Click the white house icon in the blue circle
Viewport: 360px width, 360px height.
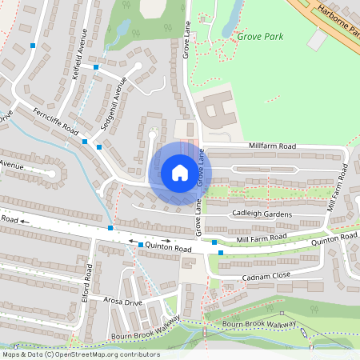(x=180, y=173)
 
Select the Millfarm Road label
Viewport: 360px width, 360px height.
(x=272, y=146)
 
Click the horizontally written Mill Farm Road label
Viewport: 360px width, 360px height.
(x=262, y=238)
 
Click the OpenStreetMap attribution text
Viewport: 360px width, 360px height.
(x=80, y=354)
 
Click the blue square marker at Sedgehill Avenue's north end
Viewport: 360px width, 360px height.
(x=96, y=67)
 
